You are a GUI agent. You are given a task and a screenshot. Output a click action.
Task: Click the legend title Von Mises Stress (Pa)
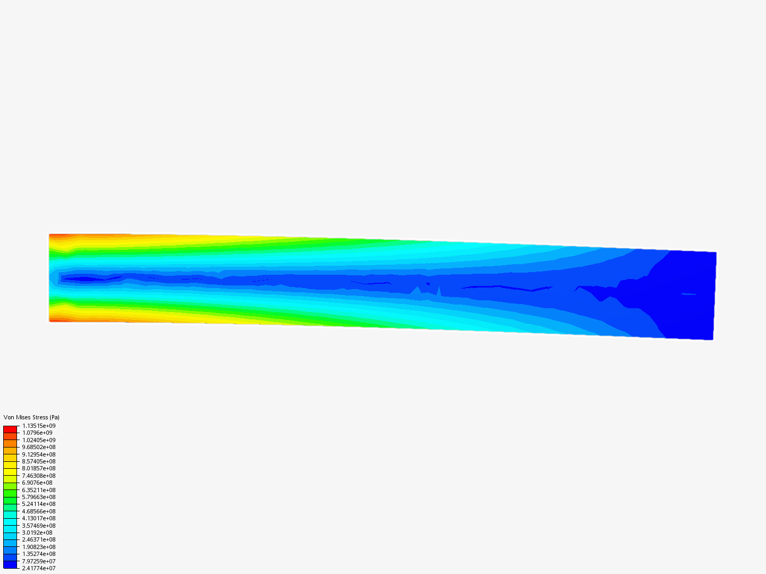[x=31, y=417]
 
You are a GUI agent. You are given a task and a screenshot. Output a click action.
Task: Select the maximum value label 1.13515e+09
[x=39, y=426]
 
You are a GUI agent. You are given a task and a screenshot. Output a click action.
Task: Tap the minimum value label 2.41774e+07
[x=39, y=568]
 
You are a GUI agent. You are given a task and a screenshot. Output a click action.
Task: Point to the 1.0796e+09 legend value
[x=37, y=433]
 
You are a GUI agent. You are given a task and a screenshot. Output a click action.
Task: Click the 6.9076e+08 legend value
[x=37, y=483]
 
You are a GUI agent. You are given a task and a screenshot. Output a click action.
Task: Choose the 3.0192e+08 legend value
[x=37, y=533]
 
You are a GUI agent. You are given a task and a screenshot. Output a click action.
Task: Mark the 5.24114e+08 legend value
[x=39, y=504]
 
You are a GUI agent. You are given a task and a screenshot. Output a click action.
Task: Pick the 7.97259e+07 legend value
[x=39, y=561]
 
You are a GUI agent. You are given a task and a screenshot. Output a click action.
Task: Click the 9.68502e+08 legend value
[x=39, y=447]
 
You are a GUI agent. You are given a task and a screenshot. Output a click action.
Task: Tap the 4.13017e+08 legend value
[x=39, y=518]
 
